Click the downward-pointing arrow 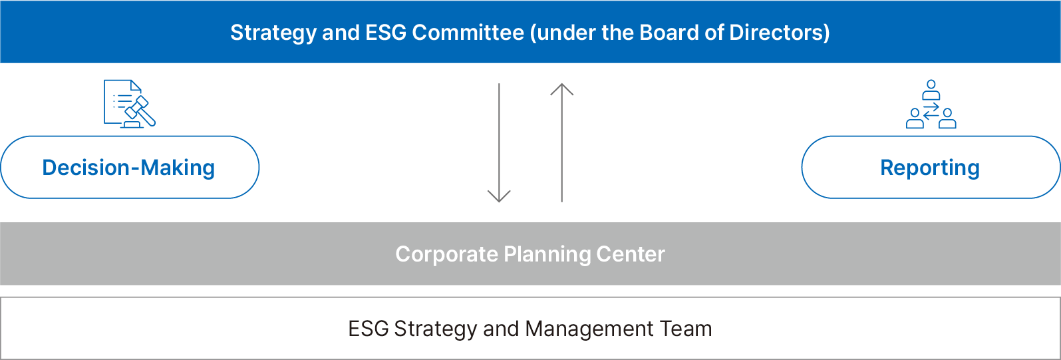pyautogui.click(x=499, y=142)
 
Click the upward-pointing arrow pyautogui.click(x=561, y=142)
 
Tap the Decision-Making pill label pyautogui.click(x=129, y=167)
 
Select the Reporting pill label pyautogui.click(x=931, y=167)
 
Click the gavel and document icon pyautogui.click(x=130, y=104)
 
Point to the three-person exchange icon pyautogui.click(x=931, y=104)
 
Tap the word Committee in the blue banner pyautogui.click(x=468, y=33)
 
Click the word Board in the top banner pyautogui.click(x=669, y=33)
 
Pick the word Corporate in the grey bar pyautogui.click(x=446, y=254)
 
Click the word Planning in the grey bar pyautogui.click(x=547, y=255)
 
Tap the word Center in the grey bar pyautogui.click(x=631, y=254)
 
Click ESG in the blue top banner pyautogui.click(x=386, y=33)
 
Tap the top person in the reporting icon pyautogui.click(x=931, y=90)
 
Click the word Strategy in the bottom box pyautogui.click(x=435, y=329)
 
